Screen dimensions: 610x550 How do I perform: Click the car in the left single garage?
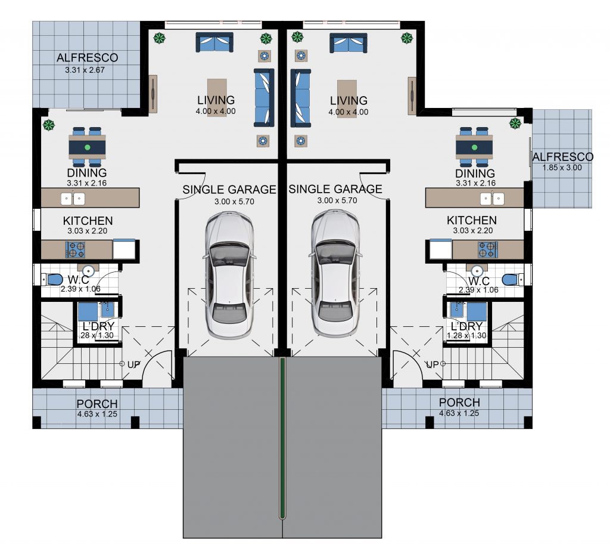point(229,275)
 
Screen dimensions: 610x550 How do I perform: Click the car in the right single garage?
point(335,273)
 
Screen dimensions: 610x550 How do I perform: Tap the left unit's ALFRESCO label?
point(87,58)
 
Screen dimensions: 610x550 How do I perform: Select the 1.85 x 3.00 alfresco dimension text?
point(562,168)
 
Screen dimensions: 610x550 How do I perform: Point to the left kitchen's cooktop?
point(75,250)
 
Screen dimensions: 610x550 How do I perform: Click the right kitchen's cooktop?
point(488,250)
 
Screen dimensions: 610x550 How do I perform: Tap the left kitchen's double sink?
point(73,199)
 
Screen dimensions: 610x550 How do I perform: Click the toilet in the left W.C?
point(52,279)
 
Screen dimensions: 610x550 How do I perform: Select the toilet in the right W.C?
point(512,280)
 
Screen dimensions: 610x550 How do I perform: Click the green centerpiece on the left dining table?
point(87,147)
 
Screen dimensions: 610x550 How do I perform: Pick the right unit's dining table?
point(474,147)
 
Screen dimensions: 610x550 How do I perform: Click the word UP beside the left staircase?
point(133,365)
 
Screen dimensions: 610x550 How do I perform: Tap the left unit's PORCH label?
point(97,404)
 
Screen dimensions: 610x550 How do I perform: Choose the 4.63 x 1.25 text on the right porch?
point(459,413)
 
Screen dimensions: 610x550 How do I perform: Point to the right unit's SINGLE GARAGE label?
point(335,189)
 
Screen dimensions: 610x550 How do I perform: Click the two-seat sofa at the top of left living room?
point(214,42)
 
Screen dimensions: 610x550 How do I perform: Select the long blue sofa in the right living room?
point(301,98)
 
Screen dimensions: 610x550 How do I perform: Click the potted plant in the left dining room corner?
point(49,125)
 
